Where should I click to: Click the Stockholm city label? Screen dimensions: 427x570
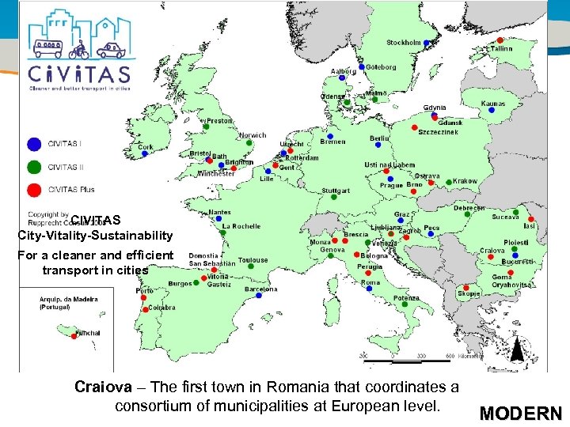point(403,42)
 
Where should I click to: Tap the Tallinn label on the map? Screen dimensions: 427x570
point(500,49)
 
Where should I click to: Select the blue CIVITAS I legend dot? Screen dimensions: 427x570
point(33,144)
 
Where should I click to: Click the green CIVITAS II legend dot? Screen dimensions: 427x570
point(33,167)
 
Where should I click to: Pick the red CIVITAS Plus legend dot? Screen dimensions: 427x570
point(33,190)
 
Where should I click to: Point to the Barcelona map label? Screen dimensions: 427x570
point(260,289)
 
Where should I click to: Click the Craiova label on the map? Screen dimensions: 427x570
point(492,251)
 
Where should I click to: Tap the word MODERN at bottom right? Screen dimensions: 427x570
point(520,414)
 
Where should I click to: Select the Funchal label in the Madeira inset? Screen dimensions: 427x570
point(88,334)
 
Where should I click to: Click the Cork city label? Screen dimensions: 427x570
point(146,147)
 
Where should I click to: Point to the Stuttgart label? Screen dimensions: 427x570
point(336,191)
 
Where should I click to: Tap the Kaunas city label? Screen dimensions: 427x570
point(492,104)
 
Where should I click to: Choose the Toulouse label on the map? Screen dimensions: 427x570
point(253,260)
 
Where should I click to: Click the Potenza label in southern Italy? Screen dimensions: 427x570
point(406,299)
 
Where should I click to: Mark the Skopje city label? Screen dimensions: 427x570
point(469,293)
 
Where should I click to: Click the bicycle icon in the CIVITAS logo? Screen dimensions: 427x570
point(78,51)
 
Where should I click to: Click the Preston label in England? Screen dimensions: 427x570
point(219,121)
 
